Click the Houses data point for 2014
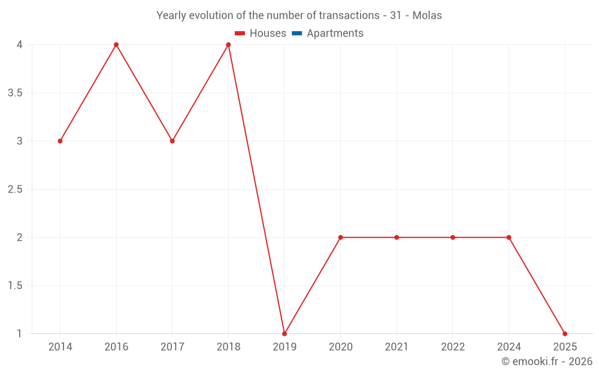[60, 141]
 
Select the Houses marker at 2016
[116, 45]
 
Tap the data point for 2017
[172, 141]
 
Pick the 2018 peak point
[228, 45]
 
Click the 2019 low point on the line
[285, 333]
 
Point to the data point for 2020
[340, 238]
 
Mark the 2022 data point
[453, 238]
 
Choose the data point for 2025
[565, 333]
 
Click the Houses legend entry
[261, 34]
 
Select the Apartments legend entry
[328, 34]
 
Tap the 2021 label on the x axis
[397, 347]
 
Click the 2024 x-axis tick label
[509, 347]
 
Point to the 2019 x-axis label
[285, 347]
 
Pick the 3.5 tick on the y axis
[16, 93]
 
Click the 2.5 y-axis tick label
[16, 190]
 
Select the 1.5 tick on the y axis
[16, 286]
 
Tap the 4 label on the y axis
[20, 45]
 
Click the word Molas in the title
[427, 16]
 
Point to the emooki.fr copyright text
[547, 361]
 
